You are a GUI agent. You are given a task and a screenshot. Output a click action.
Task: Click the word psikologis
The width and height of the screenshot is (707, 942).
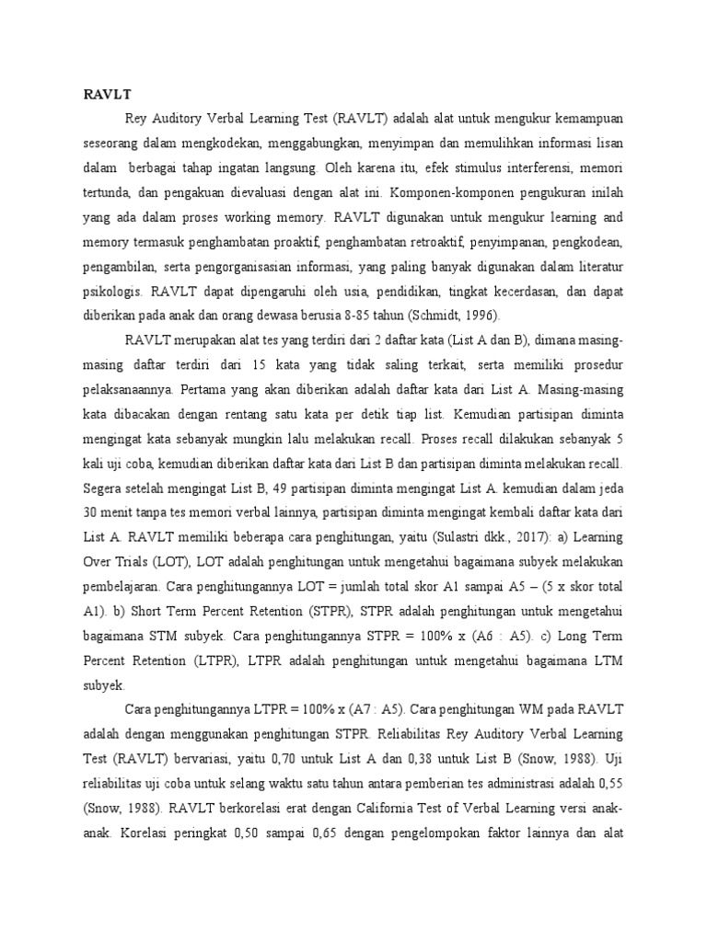pyautogui.click(x=113, y=290)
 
